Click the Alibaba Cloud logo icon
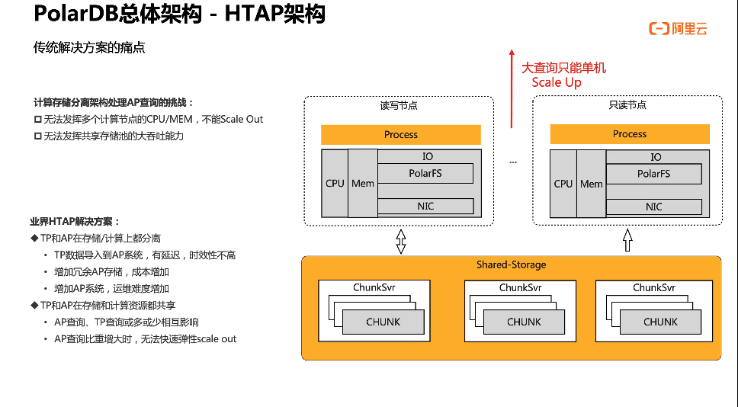click(659, 28)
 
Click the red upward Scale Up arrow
click(512, 88)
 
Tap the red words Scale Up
click(557, 82)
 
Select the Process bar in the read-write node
click(401, 135)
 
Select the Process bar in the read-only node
click(630, 134)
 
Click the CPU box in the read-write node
click(335, 184)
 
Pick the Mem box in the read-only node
click(591, 184)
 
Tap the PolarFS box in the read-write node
click(425, 173)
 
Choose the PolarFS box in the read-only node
click(653, 174)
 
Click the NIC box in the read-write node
click(425, 206)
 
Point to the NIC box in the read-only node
click(653, 207)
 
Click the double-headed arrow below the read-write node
click(401, 242)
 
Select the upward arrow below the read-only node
click(627, 240)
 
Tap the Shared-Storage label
click(511, 264)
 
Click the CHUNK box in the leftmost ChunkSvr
click(383, 322)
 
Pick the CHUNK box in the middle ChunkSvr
click(524, 322)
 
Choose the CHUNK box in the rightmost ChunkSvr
click(660, 322)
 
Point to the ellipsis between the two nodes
click(513, 162)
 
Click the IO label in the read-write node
click(428, 156)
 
